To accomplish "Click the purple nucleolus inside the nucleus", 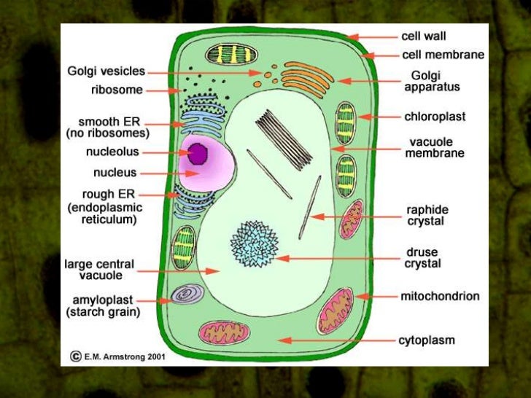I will point(198,153).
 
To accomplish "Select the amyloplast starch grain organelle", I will point(182,294).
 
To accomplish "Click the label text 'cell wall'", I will point(424,35).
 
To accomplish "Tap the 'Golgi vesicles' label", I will point(106,71).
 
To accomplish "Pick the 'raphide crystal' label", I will point(425,215).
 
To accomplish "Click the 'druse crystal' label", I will point(423,258).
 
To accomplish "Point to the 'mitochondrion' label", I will point(440,296).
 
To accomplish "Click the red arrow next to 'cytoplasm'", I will point(336,340).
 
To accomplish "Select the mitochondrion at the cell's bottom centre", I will point(224,332).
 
